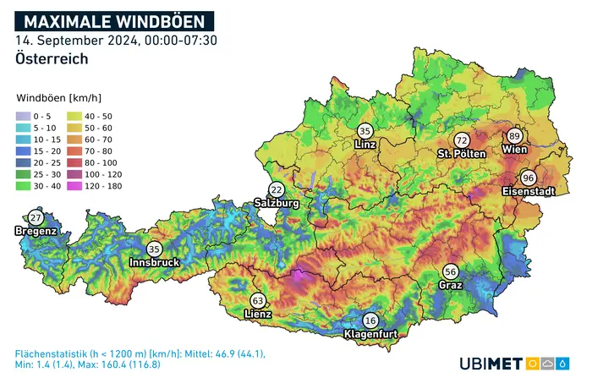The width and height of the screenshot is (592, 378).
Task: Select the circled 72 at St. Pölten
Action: [462, 140]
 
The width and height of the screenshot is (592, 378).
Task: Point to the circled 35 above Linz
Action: [365, 131]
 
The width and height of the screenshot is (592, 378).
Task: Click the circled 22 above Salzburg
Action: [277, 189]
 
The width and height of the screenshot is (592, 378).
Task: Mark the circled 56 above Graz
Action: [451, 271]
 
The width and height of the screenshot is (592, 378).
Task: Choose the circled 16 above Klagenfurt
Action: [370, 320]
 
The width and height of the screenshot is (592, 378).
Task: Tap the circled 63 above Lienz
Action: [258, 300]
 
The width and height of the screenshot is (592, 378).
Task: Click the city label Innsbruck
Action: [154, 263]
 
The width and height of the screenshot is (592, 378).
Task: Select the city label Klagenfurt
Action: [372, 335]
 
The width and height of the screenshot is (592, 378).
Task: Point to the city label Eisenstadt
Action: [528, 192]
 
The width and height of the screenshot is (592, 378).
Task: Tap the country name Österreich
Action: [52, 59]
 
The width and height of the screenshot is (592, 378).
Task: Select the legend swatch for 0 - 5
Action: [24, 116]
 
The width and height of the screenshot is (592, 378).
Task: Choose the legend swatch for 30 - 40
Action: [24, 184]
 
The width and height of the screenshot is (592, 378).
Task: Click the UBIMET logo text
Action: [492, 362]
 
